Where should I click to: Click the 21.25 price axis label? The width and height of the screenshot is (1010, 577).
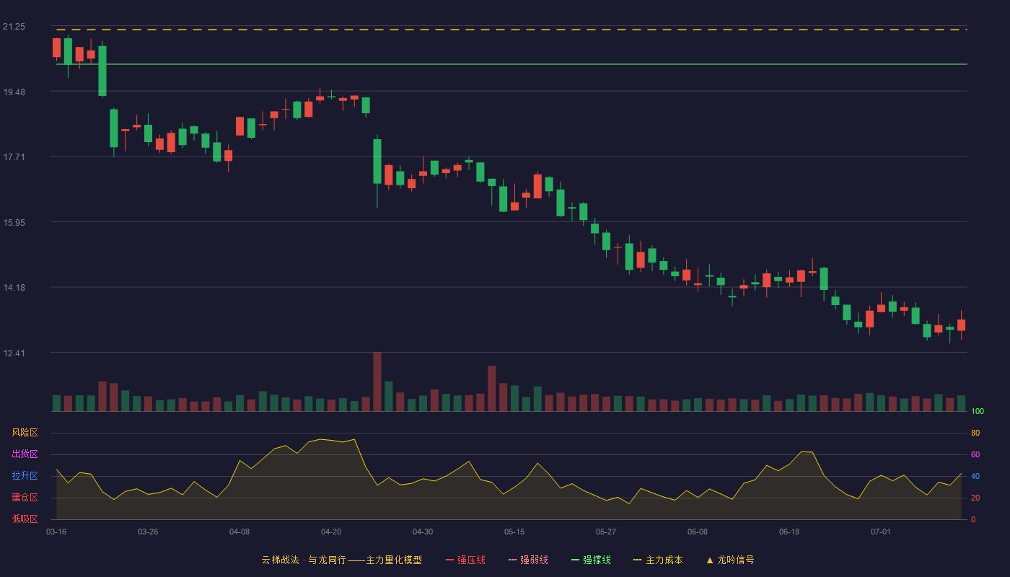point(14,27)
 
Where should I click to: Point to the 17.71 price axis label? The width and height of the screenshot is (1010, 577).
point(14,157)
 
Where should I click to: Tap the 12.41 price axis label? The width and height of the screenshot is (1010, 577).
point(14,353)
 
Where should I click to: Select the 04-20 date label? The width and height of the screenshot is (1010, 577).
point(331,532)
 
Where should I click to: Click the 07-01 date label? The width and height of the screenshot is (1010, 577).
point(881,532)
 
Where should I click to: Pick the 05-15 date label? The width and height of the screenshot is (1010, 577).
point(514,532)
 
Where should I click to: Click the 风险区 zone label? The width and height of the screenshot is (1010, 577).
point(25,433)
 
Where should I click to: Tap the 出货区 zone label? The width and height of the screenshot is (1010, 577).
point(25,454)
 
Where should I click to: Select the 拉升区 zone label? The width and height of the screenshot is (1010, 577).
point(25,475)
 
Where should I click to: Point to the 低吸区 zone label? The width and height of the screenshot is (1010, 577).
point(25,519)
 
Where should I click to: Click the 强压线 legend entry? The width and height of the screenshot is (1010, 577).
point(465,560)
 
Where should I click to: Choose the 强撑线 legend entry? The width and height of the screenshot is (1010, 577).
point(591,560)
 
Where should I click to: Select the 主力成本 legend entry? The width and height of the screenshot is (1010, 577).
point(658,560)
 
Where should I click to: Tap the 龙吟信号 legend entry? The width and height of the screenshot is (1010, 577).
point(730,560)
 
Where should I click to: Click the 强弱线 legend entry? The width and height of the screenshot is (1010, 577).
point(528,560)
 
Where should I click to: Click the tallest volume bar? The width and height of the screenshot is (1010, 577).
point(377,382)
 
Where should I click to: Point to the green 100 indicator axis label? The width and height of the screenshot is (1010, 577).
point(978,411)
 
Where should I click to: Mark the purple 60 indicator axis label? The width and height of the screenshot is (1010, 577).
point(975,454)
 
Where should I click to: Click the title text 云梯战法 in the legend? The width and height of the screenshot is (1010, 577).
point(280,560)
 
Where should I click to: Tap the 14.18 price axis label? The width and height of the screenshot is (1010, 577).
point(14,288)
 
